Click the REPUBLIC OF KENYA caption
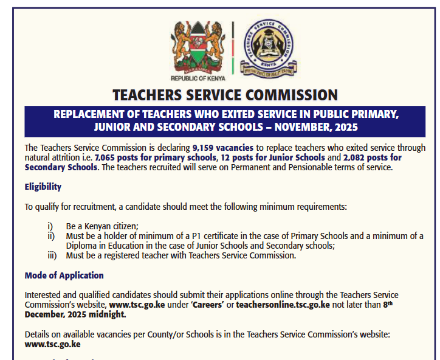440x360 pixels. (x=198, y=78)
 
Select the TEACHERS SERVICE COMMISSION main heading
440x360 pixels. (x=225, y=95)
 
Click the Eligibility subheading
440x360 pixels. (x=43, y=187)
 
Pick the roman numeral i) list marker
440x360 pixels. (x=51, y=226)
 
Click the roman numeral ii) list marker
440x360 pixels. (x=51, y=236)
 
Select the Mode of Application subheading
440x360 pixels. (x=64, y=275)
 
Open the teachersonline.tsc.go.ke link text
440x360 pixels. (x=283, y=305)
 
